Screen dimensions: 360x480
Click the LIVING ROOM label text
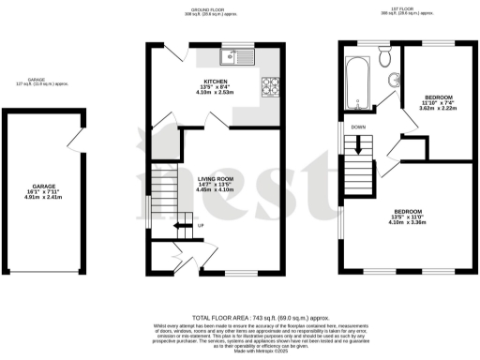click(215, 178)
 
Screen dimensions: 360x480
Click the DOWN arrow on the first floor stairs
click(357, 146)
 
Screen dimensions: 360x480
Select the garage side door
click(72, 141)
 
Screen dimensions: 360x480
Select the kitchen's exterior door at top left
click(158, 53)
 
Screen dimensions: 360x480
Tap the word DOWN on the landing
click(358, 127)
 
